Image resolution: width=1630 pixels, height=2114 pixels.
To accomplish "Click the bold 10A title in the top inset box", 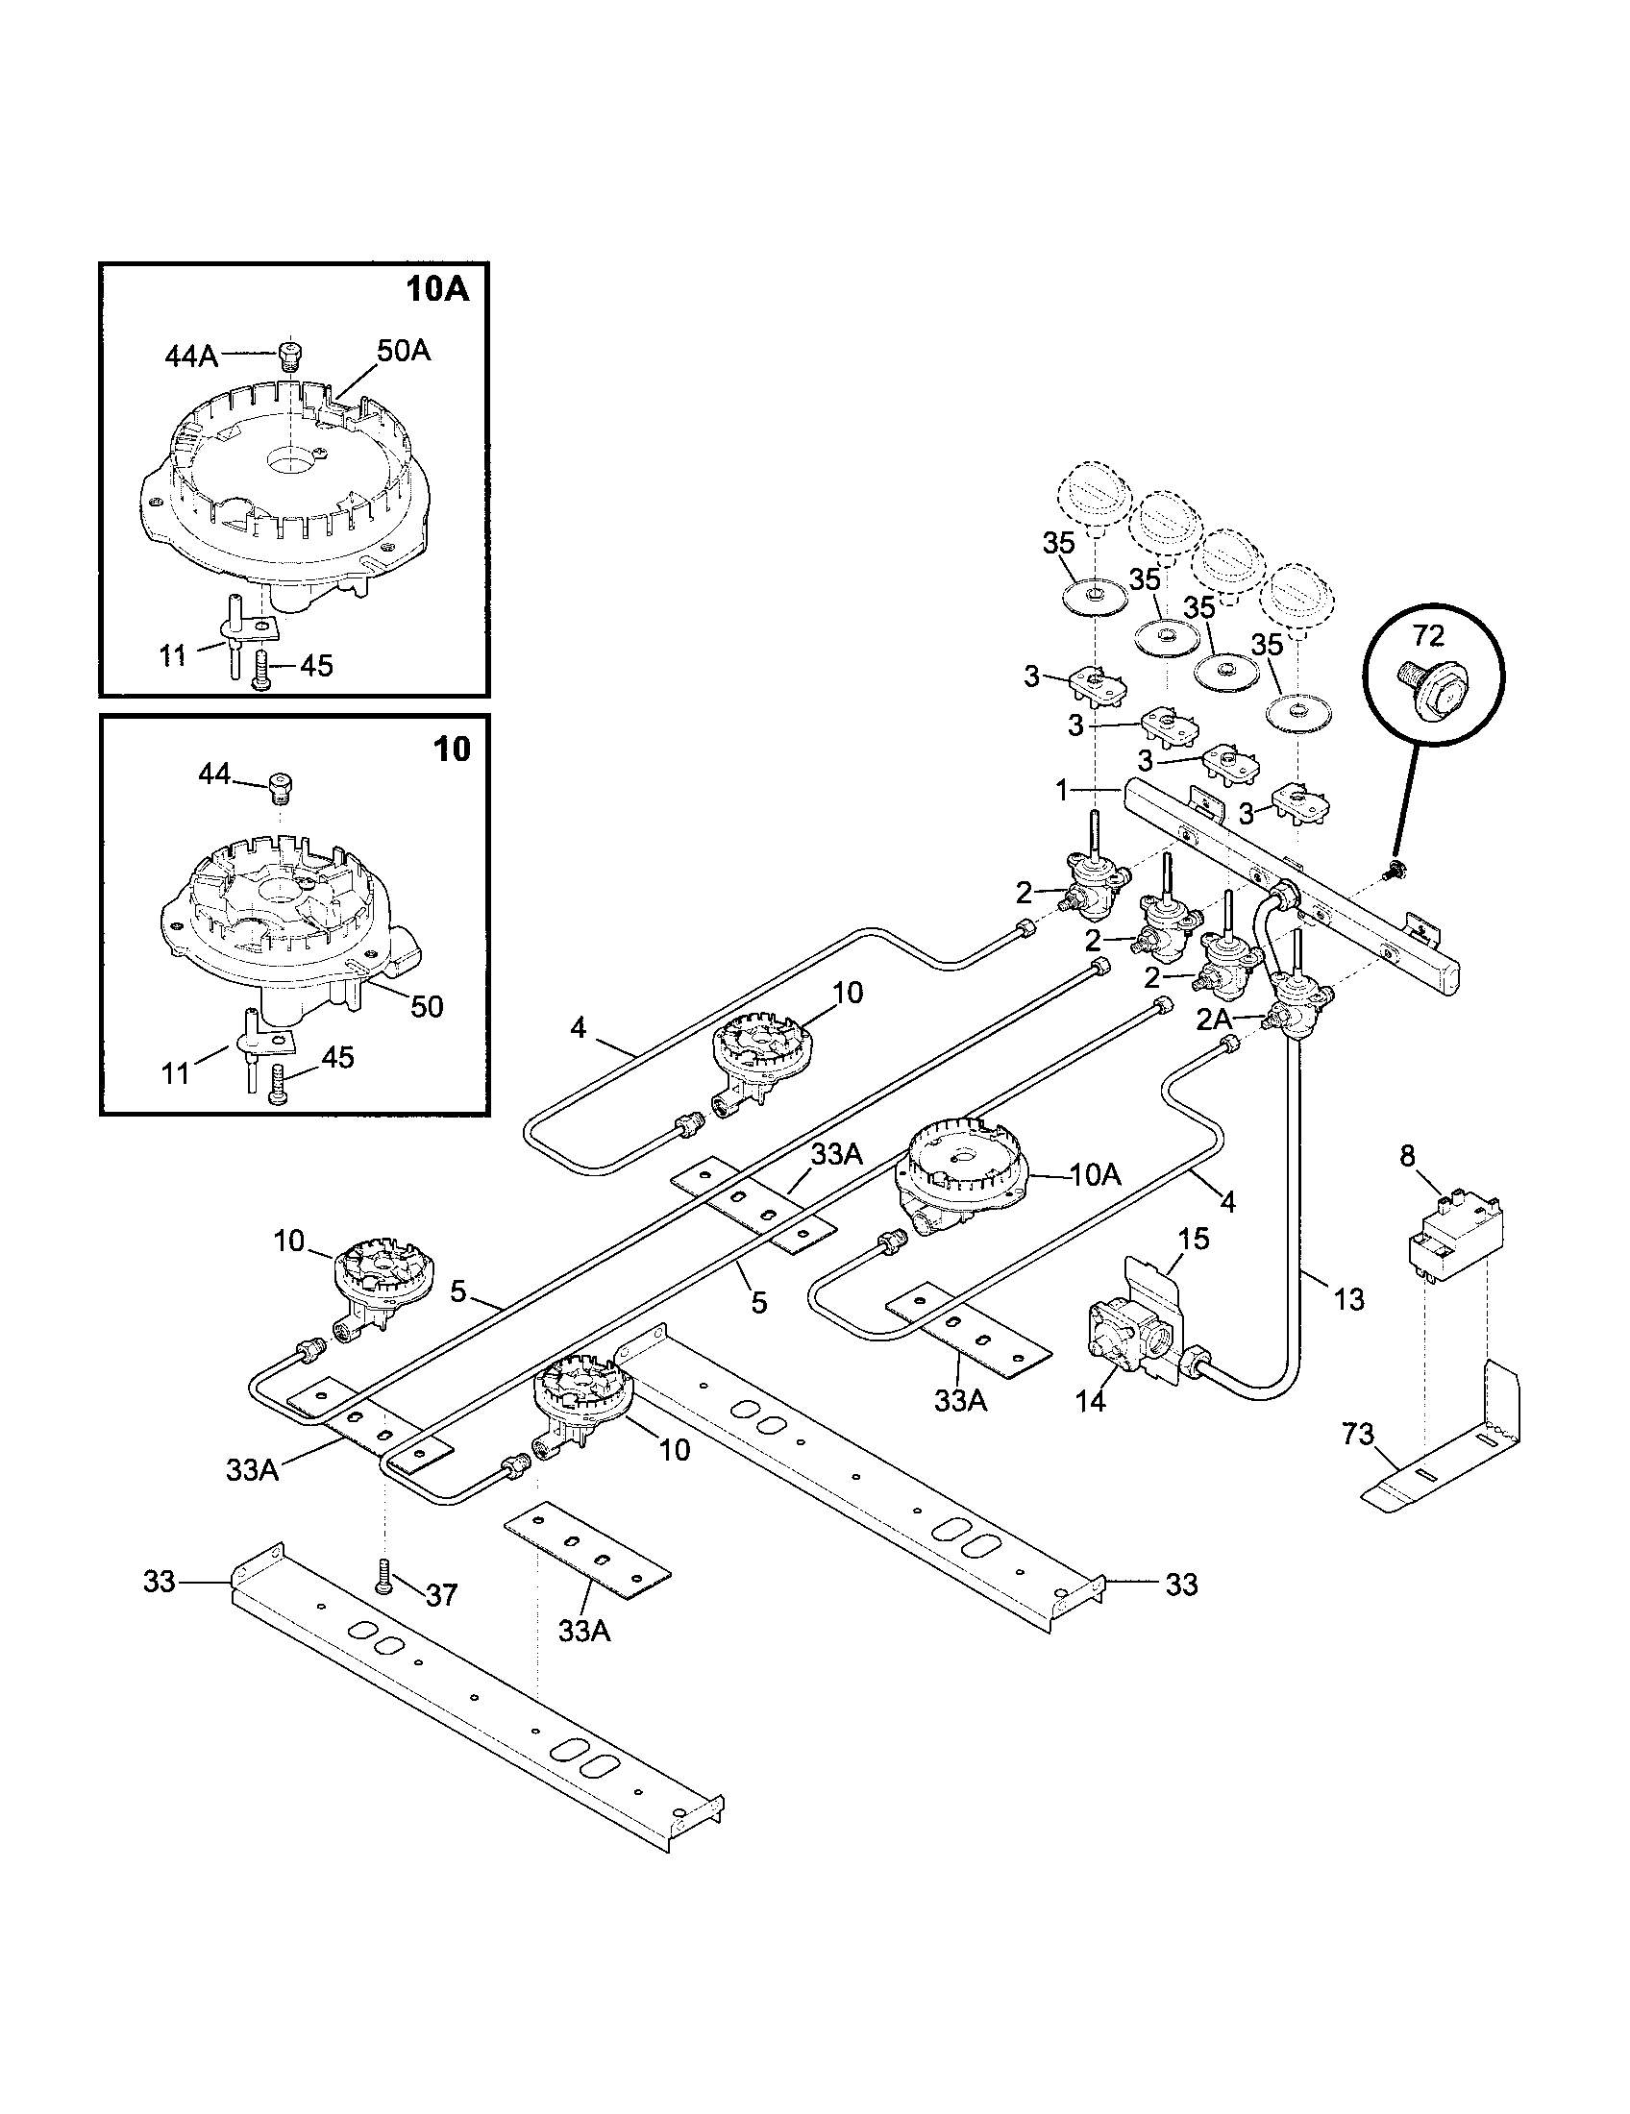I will click(x=436, y=289).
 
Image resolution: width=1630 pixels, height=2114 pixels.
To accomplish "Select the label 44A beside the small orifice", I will click(x=190, y=357).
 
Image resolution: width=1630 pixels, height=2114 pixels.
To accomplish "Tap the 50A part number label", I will click(x=403, y=351).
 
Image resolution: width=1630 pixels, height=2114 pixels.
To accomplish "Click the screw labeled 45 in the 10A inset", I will click(x=262, y=668).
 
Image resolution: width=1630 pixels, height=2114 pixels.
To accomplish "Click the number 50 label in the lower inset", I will click(x=426, y=1007).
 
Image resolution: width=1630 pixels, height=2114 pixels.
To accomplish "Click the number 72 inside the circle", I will click(x=1428, y=636).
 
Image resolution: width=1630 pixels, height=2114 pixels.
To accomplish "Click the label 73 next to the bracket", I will click(x=1358, y=1434).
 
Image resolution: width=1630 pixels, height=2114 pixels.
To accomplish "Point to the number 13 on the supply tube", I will click(x=1348, y=1299).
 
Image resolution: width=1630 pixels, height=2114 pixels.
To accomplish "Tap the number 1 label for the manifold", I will click(x=1061, y=791).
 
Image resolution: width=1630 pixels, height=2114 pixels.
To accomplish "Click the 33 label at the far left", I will click(x=160, y=1582).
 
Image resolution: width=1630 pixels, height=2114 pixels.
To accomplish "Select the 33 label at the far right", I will click(x=1181, y=1585).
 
